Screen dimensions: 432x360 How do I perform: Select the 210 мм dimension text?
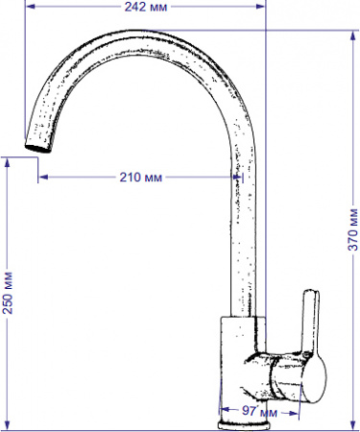point(140,178)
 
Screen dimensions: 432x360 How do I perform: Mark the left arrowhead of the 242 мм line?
point(28,7)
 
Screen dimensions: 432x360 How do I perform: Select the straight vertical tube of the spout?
point(243,240)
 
